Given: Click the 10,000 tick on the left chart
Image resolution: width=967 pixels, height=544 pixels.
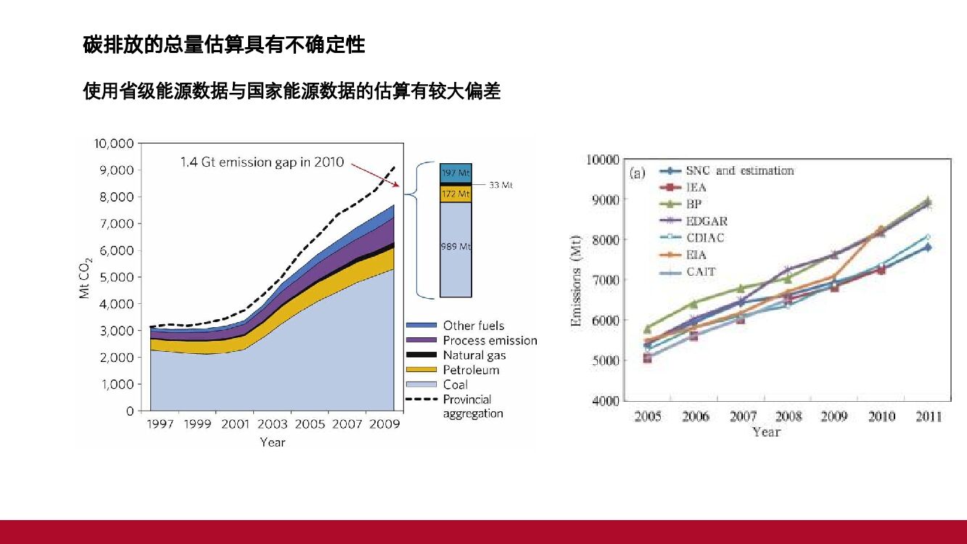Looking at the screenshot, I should click(x=113, y=144).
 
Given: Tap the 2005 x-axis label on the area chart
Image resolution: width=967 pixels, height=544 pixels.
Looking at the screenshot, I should click(x=310, y=424).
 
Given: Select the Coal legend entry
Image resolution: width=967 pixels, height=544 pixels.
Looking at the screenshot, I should click(x=455, y=384).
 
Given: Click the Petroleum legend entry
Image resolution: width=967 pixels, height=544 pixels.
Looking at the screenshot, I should click(x=471, y=370).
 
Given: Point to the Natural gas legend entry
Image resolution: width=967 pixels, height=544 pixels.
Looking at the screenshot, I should click(x=474, y=355).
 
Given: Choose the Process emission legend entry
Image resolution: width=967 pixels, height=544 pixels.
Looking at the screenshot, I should click(x=490, y=340).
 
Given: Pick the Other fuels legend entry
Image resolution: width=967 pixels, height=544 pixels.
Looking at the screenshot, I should click(x=473, y=326).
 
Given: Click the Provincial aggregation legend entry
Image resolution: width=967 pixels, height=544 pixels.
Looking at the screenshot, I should click(x=472, y=406).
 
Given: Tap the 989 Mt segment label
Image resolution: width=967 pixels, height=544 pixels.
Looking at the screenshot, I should click(x=456, y=247).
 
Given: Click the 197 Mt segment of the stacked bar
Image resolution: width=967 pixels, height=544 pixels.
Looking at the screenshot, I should click(x=456, y=173).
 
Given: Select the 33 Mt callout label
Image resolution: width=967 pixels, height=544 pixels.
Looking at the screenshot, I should click(x=501, y=186).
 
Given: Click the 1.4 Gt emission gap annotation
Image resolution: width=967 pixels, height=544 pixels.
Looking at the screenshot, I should click(x=262, y=162).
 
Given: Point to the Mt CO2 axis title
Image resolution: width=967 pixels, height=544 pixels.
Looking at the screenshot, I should click(x=86, y=277).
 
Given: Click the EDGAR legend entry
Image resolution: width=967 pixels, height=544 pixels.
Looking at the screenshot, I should click(x=706, y=221).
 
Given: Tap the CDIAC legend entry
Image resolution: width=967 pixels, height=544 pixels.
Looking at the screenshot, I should click(x=704, y=237).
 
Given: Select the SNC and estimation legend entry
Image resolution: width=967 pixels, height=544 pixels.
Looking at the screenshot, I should click(x=739, y=170).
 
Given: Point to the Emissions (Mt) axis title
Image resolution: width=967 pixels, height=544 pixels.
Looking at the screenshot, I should click(x=577, y=280).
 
